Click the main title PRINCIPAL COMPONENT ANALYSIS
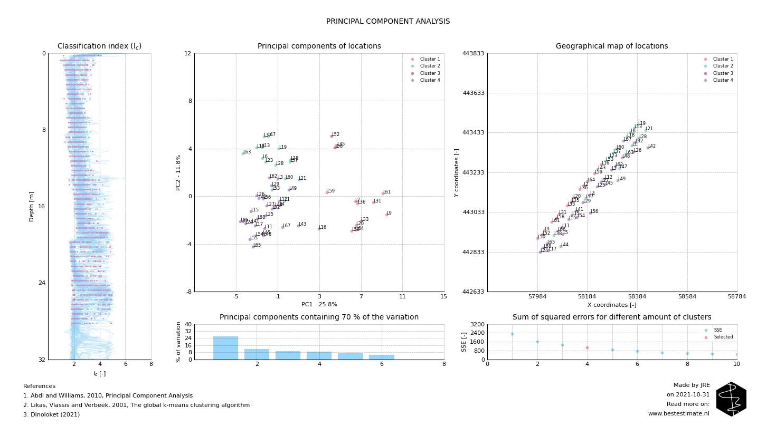[x=388, y=22]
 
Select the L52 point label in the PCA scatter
[x=336, y=134]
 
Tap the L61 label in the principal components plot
[x=387, y=192]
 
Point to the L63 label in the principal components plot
[x=247, y=152]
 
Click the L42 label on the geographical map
[x=652, y=146]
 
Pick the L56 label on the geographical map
[x=594, y=211]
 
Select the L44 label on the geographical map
[x=565, y=245]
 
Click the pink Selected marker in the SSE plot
[x=587, y=347]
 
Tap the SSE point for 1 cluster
[x=512, y=334]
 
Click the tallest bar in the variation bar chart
[x=225, y=348]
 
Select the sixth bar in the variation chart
[x=381, y=357]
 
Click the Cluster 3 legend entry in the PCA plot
[x=430, y=73]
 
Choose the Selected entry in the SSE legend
[x=723, y=337]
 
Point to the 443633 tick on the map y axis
[x=474, y=93]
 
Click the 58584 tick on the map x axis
[x=687, y=297]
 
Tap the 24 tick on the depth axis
[x=42, y=283]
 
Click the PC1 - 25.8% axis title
[x=319, y=305]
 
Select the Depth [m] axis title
[x=32, y=206]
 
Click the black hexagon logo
[x=731, y=399]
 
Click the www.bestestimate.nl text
[x=679, y=414]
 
